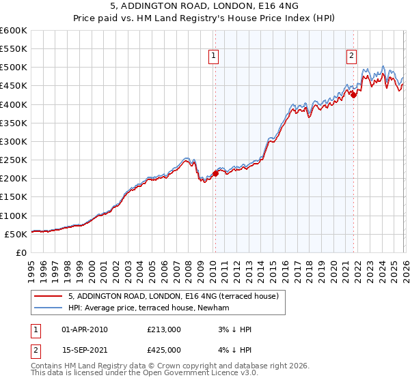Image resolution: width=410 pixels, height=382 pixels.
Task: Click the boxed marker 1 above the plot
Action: pyautogui.click(x=215, y=57)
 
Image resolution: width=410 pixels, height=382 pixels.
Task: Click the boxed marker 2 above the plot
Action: pyautogui.click(x=351, y=57)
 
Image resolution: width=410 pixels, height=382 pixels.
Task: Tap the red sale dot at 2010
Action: pyautogui.click(x=215, y=174)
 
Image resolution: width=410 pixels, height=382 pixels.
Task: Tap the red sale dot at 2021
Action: pyautogui.click(x=353, y=95)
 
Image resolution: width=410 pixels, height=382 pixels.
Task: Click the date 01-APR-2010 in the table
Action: pyautogui.click(x=85, y=329)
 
